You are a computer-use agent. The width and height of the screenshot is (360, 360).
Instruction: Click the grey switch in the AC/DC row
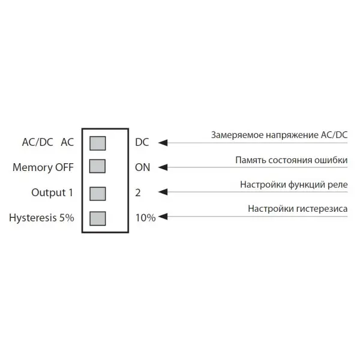pyautogui.click(x=97, y=143)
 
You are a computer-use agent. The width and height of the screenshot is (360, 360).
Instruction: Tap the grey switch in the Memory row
pyautogui.click(x=97, y=166)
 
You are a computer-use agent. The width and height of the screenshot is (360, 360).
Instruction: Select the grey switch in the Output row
pyautogui.click(x=97, y=193)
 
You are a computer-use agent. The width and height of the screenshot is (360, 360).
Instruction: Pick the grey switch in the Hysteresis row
pyautogui.click(x=97, y=217)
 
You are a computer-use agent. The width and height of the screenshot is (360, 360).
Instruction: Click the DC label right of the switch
pyautogui.click(x=142, y=143)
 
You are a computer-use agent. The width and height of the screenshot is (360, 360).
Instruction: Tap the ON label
pyautogui.click(x=142, y=167)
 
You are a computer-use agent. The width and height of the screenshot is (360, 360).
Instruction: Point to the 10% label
pyautogui.click(x=145, y=218)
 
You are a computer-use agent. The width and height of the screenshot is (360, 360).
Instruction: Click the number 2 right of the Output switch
pyautogui.click(x=138, y=193)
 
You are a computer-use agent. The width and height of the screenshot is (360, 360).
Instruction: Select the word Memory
pyautogui.click(x=32, y=168)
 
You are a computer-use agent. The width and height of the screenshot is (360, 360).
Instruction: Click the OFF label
pyautogui.click(x=64, y=167)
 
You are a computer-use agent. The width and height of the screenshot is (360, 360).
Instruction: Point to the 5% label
pyautogui.click(x=67, y=218)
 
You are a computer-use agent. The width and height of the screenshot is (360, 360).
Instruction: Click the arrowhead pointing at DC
pyautogui.click(x=163, y=143)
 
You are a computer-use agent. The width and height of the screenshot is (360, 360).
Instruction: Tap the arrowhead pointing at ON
pyautogui.click(x=163, y=167)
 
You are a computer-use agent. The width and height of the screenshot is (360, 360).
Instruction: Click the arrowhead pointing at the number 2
pyautogui.click(x=163, y=193)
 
